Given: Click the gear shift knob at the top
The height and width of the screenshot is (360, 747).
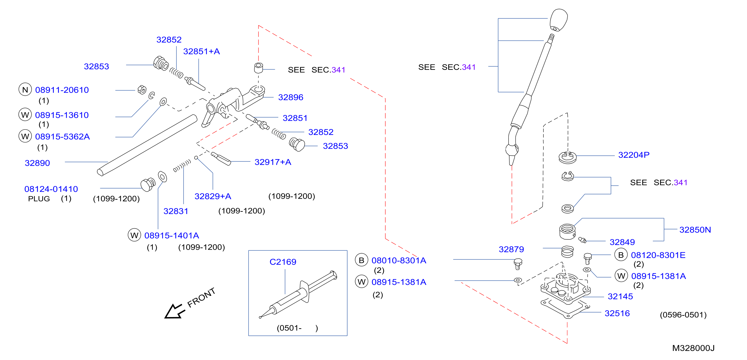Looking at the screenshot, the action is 558,20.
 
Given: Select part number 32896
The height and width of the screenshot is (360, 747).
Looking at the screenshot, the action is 291,97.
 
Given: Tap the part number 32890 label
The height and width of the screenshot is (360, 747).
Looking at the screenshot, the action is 37,163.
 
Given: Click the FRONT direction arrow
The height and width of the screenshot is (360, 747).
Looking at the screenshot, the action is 175,311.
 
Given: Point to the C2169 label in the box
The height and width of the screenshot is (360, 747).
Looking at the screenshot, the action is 283,262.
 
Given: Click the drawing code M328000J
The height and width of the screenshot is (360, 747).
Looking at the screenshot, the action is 693,348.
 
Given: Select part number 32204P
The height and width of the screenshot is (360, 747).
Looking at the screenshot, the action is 634,155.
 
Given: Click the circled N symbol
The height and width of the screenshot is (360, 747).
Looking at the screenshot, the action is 25,90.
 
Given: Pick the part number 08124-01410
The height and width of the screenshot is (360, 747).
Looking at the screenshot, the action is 51,189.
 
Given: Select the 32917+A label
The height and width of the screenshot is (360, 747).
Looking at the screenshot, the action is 273,162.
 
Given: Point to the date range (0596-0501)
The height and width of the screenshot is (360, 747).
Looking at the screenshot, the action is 683,315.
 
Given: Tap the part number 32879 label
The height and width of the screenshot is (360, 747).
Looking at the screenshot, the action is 511,249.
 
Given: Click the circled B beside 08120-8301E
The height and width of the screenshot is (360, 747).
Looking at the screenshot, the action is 621,255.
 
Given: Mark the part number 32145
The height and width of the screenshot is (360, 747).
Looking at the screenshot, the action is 620,296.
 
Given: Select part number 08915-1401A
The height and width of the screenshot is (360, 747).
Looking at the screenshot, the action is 172,235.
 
